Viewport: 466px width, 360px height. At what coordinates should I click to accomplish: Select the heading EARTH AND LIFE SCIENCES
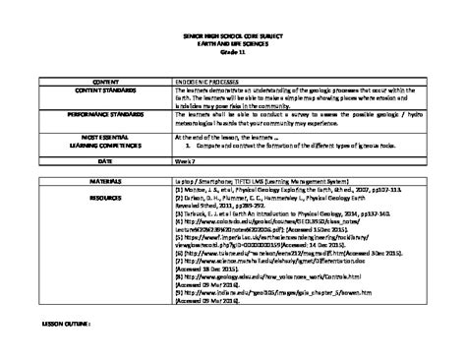pos(232,43)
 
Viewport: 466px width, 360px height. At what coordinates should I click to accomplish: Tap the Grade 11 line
pos(232,51)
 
